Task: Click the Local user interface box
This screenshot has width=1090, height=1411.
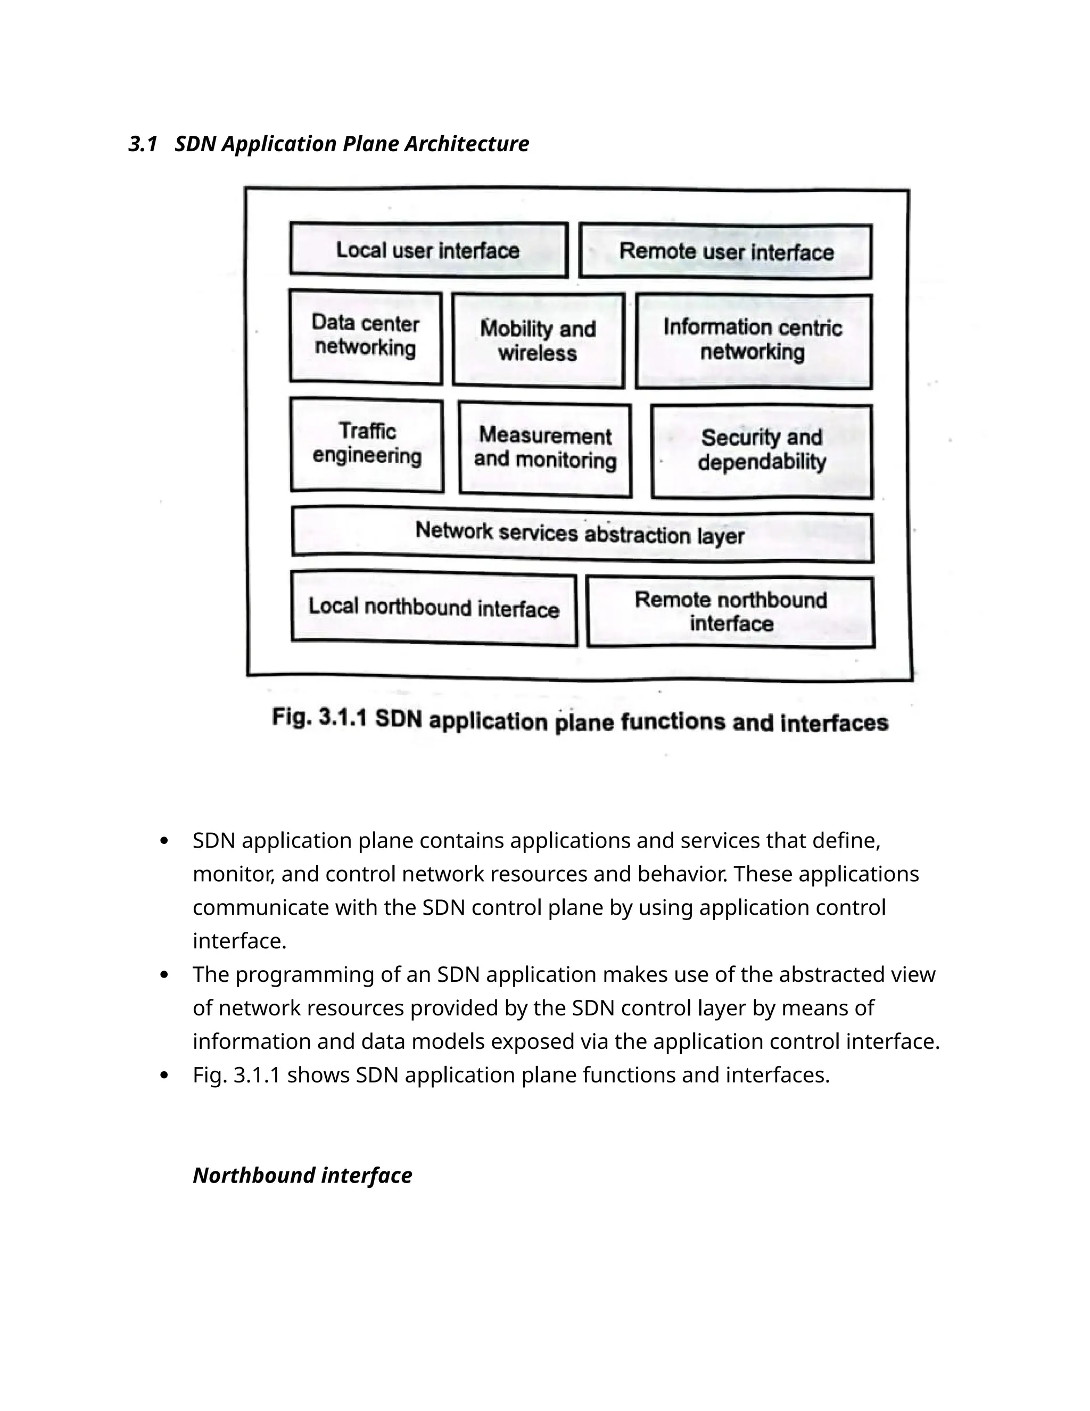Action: click(x=428, y=250)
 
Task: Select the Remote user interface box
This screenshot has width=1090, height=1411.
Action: click(x=726, y=251)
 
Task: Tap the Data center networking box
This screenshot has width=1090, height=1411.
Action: click(x=366, y=336)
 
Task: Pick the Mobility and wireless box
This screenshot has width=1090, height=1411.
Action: click(x=538, y=340)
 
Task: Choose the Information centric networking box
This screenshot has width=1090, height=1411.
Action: click(x=753, y=340)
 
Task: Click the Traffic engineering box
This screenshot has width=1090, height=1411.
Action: click(x=367, y=445)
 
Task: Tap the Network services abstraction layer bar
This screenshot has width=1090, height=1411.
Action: click(x=581, y=534)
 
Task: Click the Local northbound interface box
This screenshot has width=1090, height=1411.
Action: click(x=433, y=608)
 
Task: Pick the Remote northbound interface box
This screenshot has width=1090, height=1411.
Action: click(x=730, y=611)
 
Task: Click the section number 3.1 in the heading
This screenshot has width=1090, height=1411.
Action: click(x=143, y=143)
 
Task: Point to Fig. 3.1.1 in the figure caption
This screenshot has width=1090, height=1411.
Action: click(x=319, y=718)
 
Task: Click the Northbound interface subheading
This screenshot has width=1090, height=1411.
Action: click(x=302, y=1175)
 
